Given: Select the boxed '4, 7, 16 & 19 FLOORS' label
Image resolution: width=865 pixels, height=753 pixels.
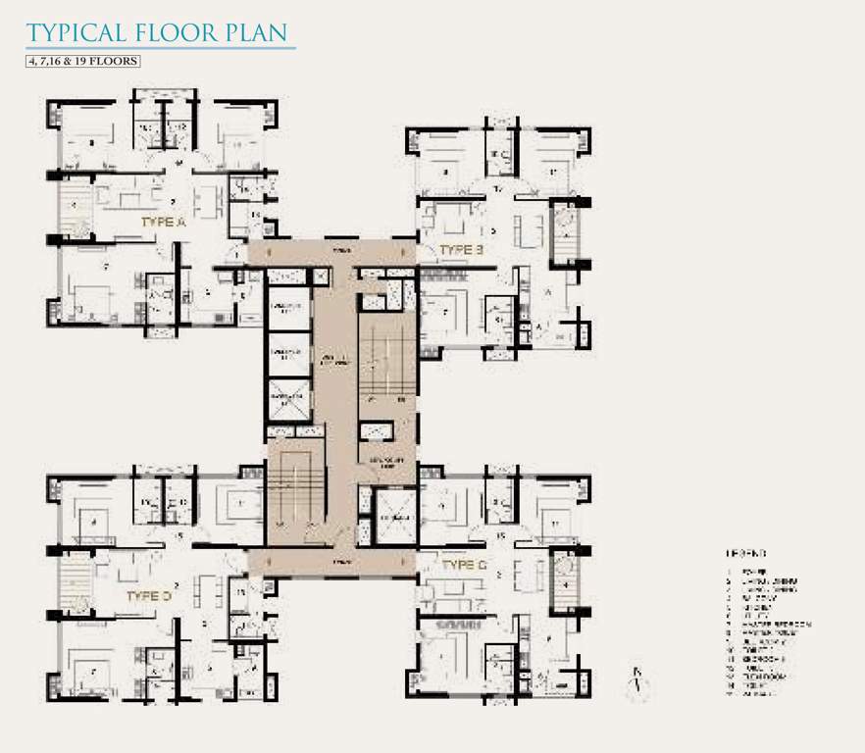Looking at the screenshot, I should point(84,61).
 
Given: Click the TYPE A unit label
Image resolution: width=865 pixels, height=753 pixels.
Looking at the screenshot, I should point(163,223).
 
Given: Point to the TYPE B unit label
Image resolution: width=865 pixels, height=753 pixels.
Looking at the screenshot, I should point(461,250).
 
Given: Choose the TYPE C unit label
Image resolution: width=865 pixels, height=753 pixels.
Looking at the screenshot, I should point(464,566).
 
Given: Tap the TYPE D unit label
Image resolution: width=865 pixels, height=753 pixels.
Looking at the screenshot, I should point(149,595).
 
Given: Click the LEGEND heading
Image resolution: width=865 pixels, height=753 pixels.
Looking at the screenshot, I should point(746,553).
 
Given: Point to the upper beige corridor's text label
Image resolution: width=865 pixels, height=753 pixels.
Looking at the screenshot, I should point(339,252).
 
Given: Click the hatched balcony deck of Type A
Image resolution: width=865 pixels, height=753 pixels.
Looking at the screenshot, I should point(74,212).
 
